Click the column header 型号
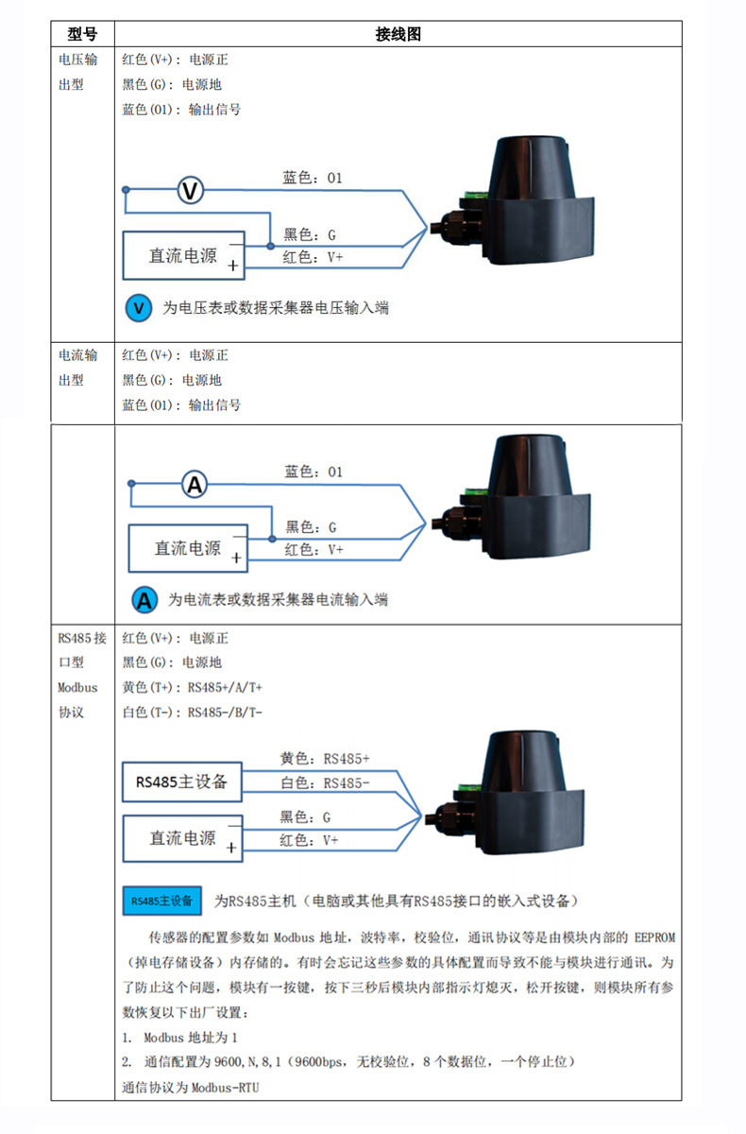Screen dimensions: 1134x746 pos(82,34)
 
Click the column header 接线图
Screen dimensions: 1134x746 pos(398,34)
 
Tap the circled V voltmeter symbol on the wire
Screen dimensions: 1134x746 pos(191,191)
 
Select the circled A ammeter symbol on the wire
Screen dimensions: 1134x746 pos(195,486)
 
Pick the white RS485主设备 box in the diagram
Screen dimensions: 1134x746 pos(181,782)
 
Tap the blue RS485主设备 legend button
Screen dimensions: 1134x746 pos(161,901)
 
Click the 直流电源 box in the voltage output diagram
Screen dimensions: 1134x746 pos(183,256)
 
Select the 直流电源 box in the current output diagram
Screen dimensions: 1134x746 pos(188,549)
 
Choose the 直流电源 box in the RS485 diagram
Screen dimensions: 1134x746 pos(182,838)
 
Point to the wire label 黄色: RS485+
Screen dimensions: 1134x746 pos(325,759)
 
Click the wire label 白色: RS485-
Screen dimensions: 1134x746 pos(325,783)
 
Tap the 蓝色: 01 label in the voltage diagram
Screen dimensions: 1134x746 pos(313,178)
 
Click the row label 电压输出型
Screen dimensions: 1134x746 pos(78,72)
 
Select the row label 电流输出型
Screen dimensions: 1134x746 pos(78,368)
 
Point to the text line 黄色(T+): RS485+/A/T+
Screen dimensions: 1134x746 pos(193,687)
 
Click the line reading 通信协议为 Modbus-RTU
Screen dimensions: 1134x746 pos(191,1088)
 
